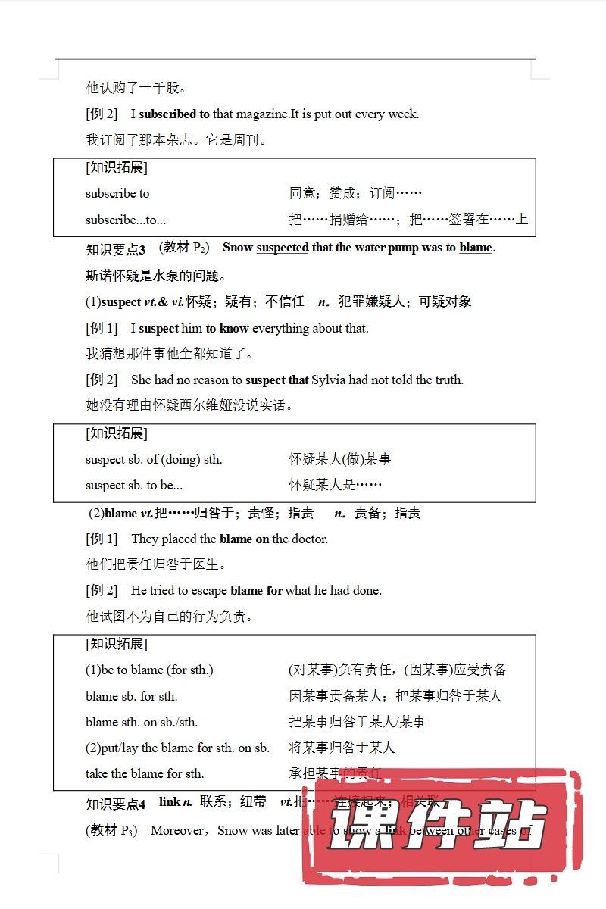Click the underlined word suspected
pyautogui.click(x=283, y=248)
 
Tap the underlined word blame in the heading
pyautogui.click(x=476, y=248)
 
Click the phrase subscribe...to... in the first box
pyautogui.click(x=126, y=220)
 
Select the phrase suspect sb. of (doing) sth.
pyautogui.click(x=154, y=459)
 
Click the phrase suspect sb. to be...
pyautogui.click(x=134, y=485)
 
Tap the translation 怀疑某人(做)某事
pyautogui.click(x=340, y=459)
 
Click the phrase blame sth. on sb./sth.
pyautogui.click(x=142, y=722)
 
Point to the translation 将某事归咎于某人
pyautogui.click(x=342, y=748)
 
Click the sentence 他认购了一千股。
pyautogui.click(x=136, y=88)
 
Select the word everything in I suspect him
pyautogui.click(x=280, y=329)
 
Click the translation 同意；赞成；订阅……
pyautogui.click(x=355, y=194)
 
